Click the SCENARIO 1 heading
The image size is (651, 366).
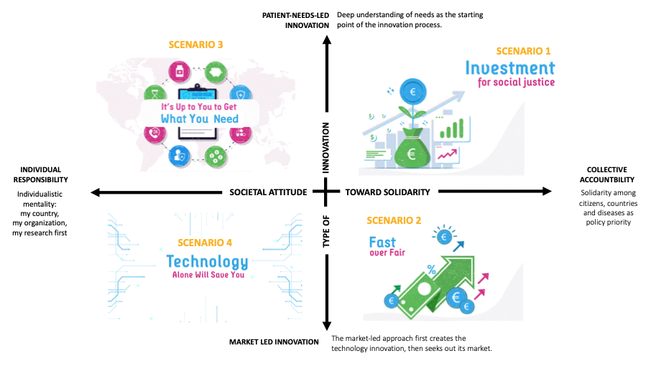point(523,51)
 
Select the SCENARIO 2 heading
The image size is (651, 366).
point(394,220)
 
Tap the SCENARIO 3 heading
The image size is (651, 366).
point(195,44)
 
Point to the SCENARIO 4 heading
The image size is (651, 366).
point(205,243)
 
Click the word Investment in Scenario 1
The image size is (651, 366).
point(510,68)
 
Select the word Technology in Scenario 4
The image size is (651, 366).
point(207,262)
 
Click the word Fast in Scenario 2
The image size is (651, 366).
point(382,242)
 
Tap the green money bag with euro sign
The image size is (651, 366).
point(411,149)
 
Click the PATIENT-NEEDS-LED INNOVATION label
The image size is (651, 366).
point(295,20)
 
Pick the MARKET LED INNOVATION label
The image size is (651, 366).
point(274,342)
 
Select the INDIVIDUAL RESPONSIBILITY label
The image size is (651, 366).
point(41,174)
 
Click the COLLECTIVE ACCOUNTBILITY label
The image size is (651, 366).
point(607,174)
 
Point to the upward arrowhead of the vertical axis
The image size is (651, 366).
point(327,39)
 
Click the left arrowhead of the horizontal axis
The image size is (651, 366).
point(96,192)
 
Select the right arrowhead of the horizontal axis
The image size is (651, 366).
point(547,191)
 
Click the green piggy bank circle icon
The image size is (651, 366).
point(215,72)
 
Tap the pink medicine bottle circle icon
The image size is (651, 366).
point(180,71)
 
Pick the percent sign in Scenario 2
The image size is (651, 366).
point(431,270)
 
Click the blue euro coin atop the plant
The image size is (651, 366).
point(412,92)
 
